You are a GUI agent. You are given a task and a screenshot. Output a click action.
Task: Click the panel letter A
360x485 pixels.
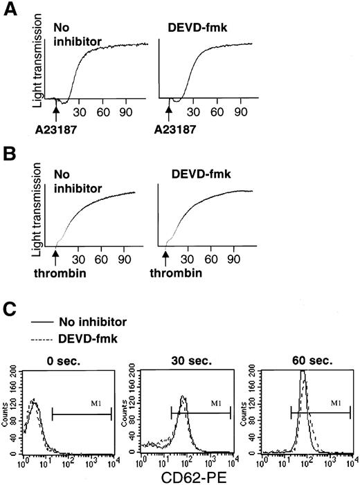tap(10, 12)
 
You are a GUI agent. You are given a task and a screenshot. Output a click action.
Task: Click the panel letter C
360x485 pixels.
tap(10, 309)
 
